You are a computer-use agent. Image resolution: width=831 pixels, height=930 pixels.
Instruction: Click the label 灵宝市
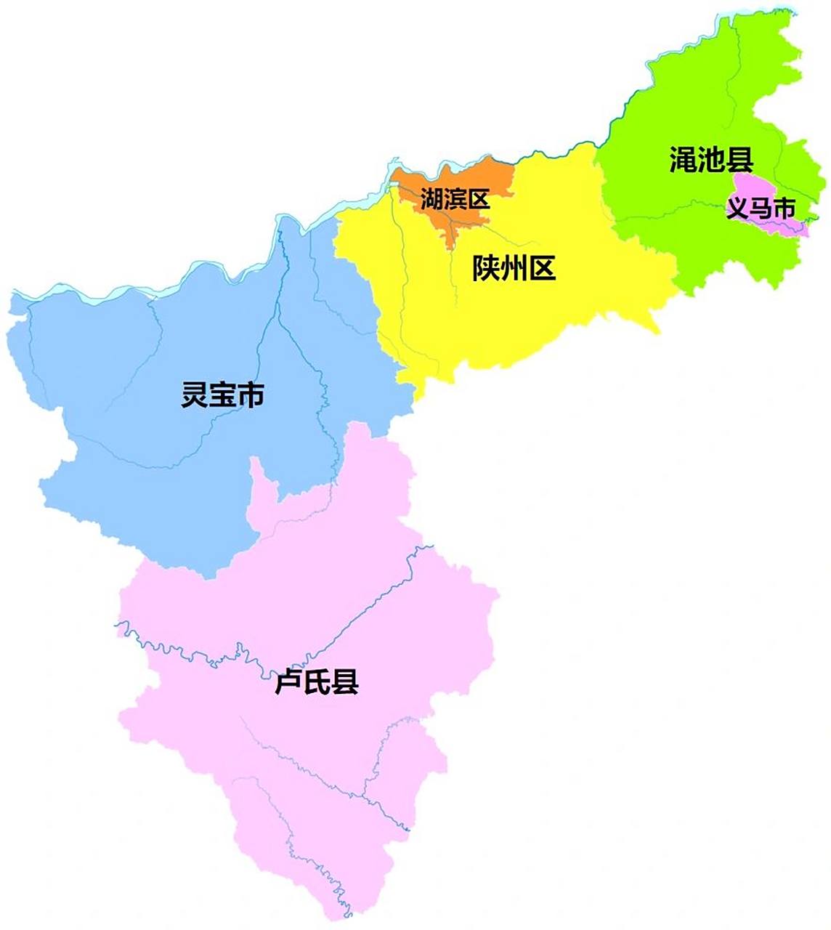coord(222,395)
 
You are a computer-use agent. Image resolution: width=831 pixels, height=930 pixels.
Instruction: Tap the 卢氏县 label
coord(317,683)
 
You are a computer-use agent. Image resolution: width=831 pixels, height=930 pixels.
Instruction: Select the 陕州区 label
coord(514,269)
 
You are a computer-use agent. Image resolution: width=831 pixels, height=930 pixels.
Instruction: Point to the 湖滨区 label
coord(455,198)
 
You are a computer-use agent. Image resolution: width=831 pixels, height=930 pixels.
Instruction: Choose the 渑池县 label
coord(711,160)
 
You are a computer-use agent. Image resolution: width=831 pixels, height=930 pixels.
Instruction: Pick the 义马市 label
coord(761,209)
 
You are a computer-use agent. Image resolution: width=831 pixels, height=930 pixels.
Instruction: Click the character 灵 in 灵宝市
coord(195,395)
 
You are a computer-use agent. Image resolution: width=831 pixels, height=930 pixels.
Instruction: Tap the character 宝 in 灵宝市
coord(222,395)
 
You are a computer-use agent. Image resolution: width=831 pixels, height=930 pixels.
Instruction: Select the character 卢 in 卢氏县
coord(288,683)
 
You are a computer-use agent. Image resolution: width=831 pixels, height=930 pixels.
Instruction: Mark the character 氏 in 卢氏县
coord(317,683)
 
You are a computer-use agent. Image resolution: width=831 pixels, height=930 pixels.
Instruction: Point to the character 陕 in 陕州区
coord(486,269)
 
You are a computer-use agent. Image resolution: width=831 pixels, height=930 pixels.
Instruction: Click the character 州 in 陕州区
coord(514,269)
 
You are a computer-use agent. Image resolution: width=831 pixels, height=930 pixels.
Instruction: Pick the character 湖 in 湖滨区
coord(432,198)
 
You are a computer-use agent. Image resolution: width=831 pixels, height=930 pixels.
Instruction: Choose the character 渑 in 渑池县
coord(684,160)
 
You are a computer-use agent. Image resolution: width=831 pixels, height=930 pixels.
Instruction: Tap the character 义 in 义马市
coord(738,209)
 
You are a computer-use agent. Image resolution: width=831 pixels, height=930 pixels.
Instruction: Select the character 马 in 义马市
coord(761,209)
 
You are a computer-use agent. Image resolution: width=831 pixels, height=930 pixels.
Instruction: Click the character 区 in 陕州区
coord(542,269)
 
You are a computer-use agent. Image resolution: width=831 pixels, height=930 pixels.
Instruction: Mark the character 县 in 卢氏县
coord(345,683)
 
